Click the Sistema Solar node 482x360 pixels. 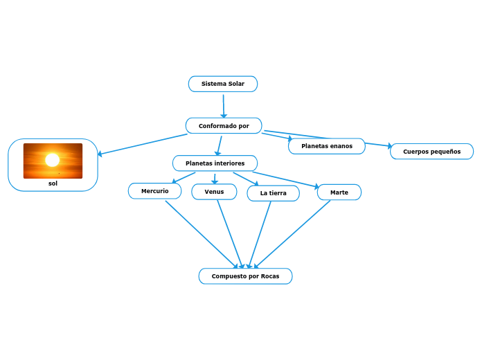point(222,84)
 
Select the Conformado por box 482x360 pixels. point(224,125)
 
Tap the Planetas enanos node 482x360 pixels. point(326,146)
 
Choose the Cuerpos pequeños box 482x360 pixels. point(431,151)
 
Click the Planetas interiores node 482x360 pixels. point(215,163)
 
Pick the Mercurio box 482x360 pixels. point(154,190)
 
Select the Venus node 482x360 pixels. point(214,191)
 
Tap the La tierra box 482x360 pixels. point(273,193)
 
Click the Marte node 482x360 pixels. point(339,192)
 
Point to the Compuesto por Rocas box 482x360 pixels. point(245,276)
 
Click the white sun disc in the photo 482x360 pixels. point(52,160)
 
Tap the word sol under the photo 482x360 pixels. point(53,183)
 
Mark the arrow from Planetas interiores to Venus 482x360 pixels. point(215,178)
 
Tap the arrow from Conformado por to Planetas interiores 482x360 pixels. point(220,144)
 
